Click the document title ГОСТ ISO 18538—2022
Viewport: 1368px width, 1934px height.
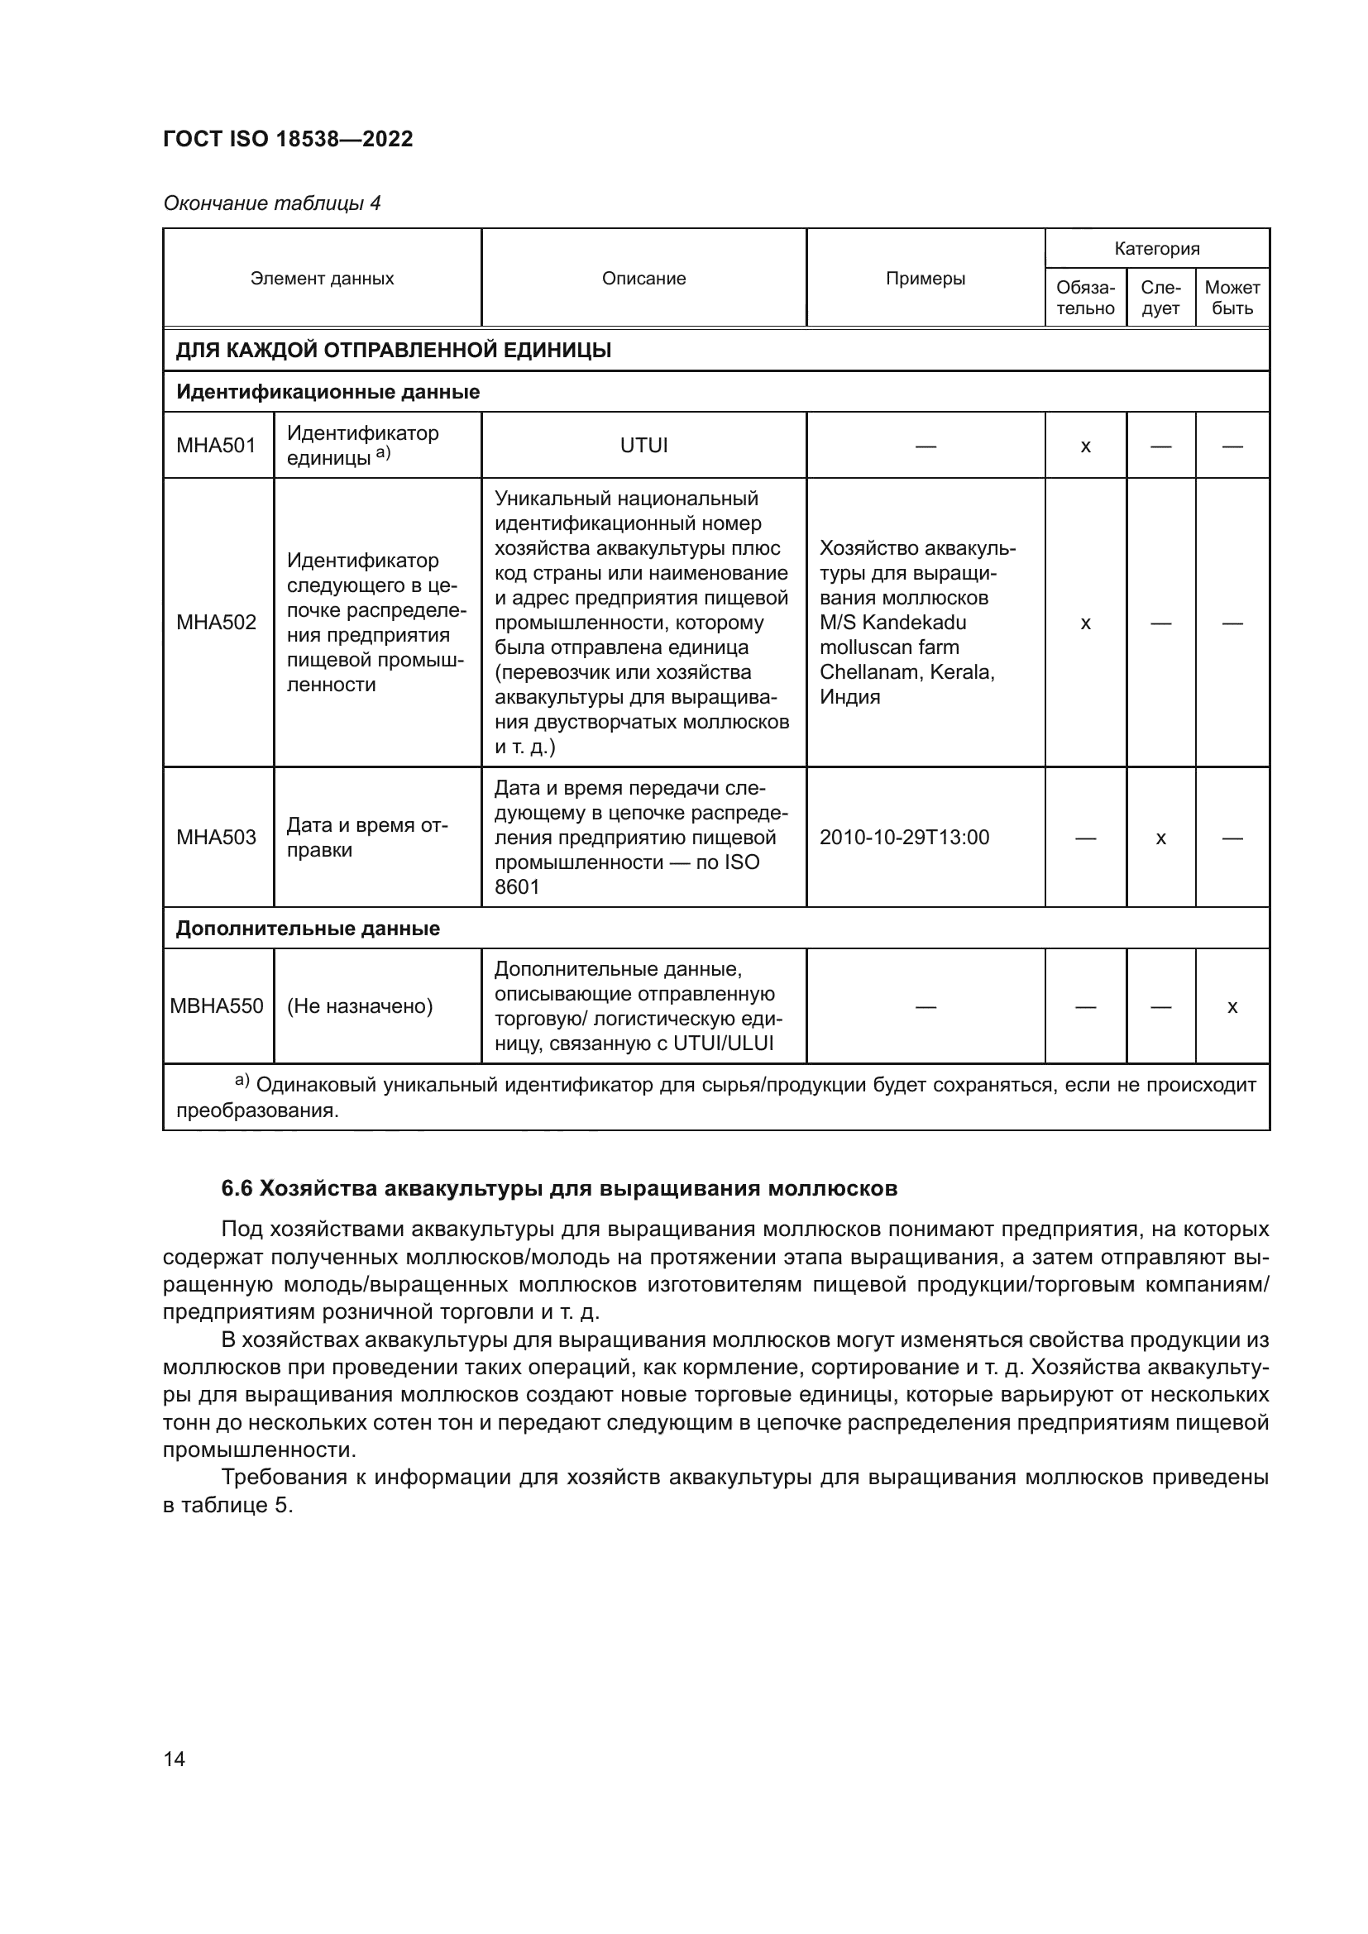pyautogui.click(x=288, y=139)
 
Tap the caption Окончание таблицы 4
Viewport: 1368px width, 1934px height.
pyautogui.click(x=271, y=203)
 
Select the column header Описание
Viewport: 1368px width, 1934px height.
pyautogui.click(x=643, y=278)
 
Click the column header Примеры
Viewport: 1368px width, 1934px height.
pyautogui.click(x=925, y=278)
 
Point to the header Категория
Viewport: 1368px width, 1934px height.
pyautogui.click(x=1156, y=249)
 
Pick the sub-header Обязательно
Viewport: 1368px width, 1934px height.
pyautogui.click(x=1085, y=298)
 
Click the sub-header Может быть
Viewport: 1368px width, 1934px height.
pyautogui.click(x=1232, y=298)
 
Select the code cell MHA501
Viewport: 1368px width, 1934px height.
pyautogui.click(x=217, y=445)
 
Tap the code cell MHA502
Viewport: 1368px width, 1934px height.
pyautogui.click(x=217, y=623)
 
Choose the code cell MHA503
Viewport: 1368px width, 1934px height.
pyautogui.click(x=217, y=838)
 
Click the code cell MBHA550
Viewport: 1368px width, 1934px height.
pyautogui.click(x=217, y=1005)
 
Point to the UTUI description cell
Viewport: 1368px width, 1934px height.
pyautogui.click(x=643, y=445)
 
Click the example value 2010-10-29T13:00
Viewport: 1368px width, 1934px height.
pyautogui.click(x=904, y=838)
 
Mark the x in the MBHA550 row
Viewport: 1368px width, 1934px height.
pyautogui.click(x=1232, y=1006)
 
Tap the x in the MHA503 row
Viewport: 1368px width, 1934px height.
pyautogui.click(x=1160, y=838)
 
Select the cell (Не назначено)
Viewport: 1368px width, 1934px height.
pyautogui.click(x=360, y=1005)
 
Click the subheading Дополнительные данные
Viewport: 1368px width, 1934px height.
pyautogui.click(x=308, y=929)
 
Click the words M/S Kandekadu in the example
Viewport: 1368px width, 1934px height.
pyautogui.click(x=893, y=623)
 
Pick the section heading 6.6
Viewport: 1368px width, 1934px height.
pyautogui.click(x=558, y=1188)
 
